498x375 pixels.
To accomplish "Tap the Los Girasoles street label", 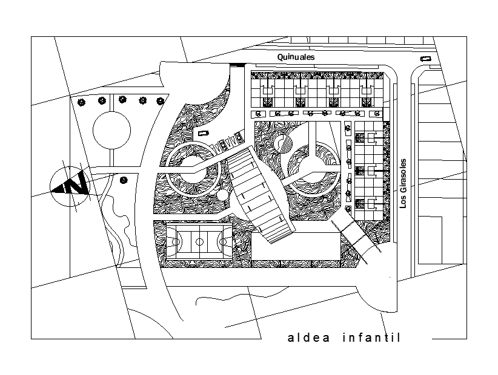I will coord(403,184).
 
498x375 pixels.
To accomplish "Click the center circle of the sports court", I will coord(199,242).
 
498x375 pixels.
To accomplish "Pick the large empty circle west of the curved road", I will coord(111,129).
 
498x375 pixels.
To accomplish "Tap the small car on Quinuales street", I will coord(426,59).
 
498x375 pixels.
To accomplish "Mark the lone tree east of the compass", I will coord(124,180).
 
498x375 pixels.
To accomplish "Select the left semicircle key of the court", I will coord(177,242).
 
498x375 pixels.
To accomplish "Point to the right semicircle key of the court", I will coord(223,242).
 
